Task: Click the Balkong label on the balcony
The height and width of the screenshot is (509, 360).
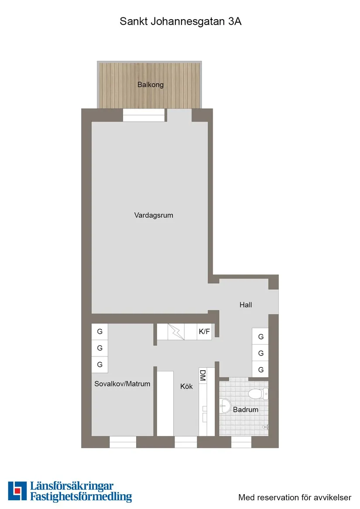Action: pyautogui.click(x=151, y=85)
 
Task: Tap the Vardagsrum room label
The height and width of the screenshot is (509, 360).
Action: pyautogui.click(x=154, y=215)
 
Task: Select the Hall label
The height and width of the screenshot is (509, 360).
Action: pyautogui.click(x=246, y=305)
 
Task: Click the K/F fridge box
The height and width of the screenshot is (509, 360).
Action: pyautogui.click(x=204, y=332)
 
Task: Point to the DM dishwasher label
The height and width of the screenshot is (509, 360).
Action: pyautogui.click(x=202, y=376)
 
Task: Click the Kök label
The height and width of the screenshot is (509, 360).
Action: pyautogui.click(x=186, y=386)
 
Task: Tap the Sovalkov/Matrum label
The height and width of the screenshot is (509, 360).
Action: pyautogui.click(x=122, y=384)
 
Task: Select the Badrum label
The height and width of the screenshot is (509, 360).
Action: pyautogui.click(x=246, y=410)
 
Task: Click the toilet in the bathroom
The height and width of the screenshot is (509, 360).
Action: pyautogui.click(x=257, y=394)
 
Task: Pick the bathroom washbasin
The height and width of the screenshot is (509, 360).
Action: pyautogui.click(x=225, y=406)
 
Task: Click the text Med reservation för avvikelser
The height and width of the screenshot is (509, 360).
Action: pyautogui.click(x=295, y=497)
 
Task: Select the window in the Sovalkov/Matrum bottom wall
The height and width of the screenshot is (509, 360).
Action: pyautogui.click(x=123, y=442)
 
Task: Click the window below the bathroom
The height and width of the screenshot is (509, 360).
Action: pyautogui.click(x=241, y=442)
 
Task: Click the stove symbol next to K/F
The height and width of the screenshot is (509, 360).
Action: pyautogui.click(x=177, y=332)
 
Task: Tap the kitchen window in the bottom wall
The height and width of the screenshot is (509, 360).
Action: pyautogui.click(x=186, y=442)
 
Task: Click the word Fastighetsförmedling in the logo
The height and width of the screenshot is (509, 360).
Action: pyautogui.click(x=81, y=496)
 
